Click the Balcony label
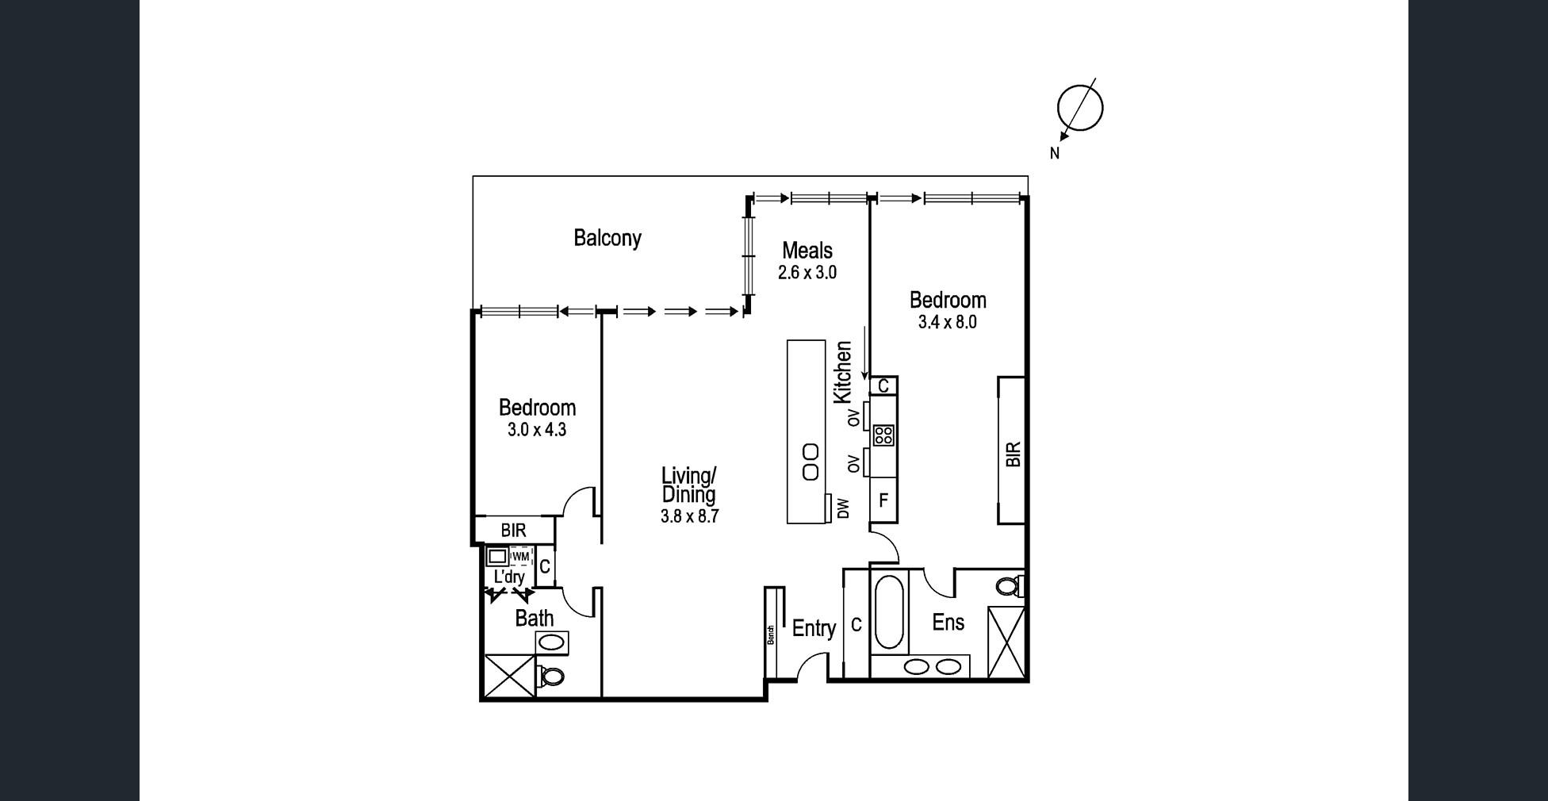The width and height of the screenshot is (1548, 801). click(607, 238)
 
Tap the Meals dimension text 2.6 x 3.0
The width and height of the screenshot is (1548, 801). click(807, 273)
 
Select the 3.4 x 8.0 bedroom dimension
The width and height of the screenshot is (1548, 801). click(948, 323)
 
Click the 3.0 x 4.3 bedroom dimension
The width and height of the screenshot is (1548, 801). click(537, 430)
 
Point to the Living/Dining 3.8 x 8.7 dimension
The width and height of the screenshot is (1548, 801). click(689, 516)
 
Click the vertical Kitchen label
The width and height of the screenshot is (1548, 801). click(843, 372)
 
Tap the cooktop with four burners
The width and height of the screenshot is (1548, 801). click(883, 435)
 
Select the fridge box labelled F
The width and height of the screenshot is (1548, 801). click(883, 500)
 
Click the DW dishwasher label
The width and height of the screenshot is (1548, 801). click(844, 508)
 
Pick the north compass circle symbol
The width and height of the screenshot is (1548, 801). click(1079, 107)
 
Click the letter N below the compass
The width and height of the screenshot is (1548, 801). click(1055, 154)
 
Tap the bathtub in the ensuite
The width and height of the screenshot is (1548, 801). click(888, 611)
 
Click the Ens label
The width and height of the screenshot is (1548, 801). click(948, 623)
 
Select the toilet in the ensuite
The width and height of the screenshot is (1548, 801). click(1009, 587)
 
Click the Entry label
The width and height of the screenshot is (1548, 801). click(814, 629)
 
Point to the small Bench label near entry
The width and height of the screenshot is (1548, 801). click(771, 634)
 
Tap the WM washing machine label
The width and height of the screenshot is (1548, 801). click(520, 557)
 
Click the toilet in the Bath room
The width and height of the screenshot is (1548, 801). click(550, 676)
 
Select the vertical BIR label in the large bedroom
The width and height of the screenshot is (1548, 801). click(1013, 454)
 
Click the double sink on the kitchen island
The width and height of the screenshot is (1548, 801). click(810, 462)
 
